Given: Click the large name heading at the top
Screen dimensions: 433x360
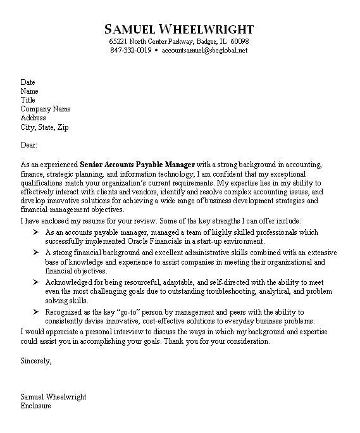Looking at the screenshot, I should pos(179,29).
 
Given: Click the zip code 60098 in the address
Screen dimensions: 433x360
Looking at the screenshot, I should pos(239,41).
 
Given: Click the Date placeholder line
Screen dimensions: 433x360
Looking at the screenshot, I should pos(28,82).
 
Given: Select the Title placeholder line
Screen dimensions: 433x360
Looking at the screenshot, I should pos(28,100).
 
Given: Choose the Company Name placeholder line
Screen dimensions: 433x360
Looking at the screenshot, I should pos(45,109).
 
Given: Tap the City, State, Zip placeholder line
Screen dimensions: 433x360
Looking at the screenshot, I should pos(44,127).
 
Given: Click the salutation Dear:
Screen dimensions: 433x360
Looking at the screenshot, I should pos(30,144).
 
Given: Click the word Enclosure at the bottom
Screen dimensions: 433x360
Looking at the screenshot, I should pos(36,406).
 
